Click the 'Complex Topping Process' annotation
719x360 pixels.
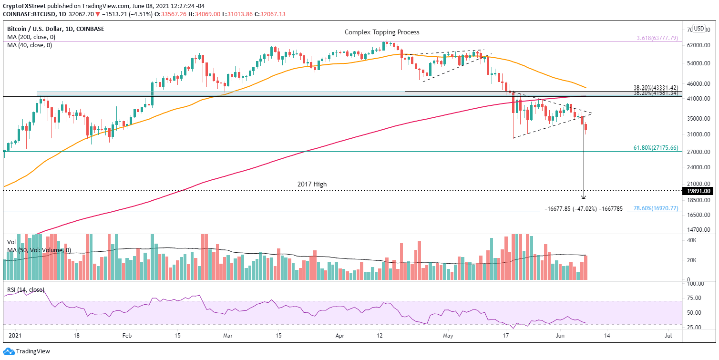coord(382,32)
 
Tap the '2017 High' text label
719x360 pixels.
coord(312,184)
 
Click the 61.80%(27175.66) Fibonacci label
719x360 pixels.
coord(656,148)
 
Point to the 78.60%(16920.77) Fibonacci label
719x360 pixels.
coord(656,208)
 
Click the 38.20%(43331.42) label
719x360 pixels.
coord(656,88)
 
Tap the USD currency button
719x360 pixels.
coord(699,28)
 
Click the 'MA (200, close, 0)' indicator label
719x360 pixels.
coord(30,37)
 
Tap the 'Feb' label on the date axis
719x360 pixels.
coord(126,335)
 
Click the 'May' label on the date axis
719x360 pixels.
coord(447,335)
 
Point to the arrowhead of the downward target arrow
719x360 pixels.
coord(584,197)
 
